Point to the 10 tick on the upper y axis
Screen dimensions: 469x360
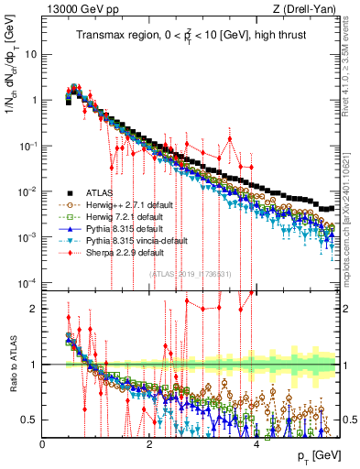[x=30, y=54]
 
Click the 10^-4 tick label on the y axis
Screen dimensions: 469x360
[x=27, y=282]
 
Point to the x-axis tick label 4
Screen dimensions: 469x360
[x=256, y=444]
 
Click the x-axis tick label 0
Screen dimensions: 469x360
[x=42, y=444]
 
